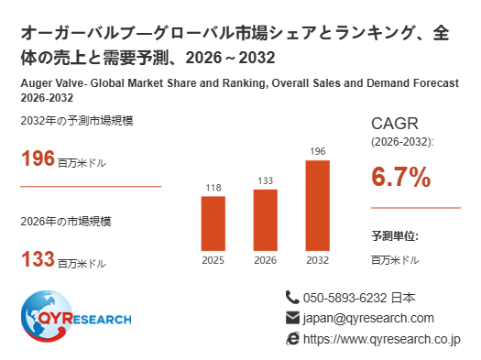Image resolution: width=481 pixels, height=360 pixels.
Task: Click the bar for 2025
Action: pyautogui.click(x=213, y=224)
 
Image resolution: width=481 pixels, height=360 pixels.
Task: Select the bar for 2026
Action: pyautogui.click(x=266, y=220)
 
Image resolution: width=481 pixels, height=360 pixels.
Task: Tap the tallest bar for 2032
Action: pyautogui.click(x=318, y=205)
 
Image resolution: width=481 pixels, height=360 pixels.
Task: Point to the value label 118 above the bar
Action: pyautogui.click(x=213, y=188)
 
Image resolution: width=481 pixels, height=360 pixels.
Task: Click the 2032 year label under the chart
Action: pyautogui.click(x=318, y=260)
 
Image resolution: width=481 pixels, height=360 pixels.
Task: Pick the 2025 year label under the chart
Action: pyautogui.click(x=213, y=260)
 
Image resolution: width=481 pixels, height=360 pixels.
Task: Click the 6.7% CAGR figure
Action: pyautogui.click(x=401, y=177)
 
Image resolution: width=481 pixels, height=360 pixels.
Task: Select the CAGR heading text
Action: pyautogui.click(x=395, y=124)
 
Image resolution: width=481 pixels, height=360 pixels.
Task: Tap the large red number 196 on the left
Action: pyautogui.click(x=38, y=158)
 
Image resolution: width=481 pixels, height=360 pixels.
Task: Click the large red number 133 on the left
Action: pyautogui.click(x=38, y=259)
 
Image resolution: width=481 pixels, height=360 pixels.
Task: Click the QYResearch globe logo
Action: pyautogui.click(x=47, y=316)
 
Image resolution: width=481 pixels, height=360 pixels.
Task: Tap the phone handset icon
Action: pyautogui.click(x=292, y=298)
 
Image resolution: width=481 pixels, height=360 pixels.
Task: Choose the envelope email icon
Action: pyautogui.click(x=292, y=318)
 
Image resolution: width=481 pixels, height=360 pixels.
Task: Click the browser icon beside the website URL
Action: pyautogui.click(x=292, y=339)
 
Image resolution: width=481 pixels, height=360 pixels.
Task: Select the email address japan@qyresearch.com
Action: pyautogui.click(x=368, y=319)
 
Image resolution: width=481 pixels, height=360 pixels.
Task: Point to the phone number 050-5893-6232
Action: pyautogui.click(x=344, y=298)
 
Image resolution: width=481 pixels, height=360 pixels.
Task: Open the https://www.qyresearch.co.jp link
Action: pyautogui.click(x=382, y=340)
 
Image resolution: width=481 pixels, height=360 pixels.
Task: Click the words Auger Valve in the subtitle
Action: pyautogui.click(x=52, y=83)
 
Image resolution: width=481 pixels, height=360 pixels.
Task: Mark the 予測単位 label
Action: pyautogui.click(x=395, y=236)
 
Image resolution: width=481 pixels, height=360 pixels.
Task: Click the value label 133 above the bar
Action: pyautogui.click(x=266, y=181)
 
